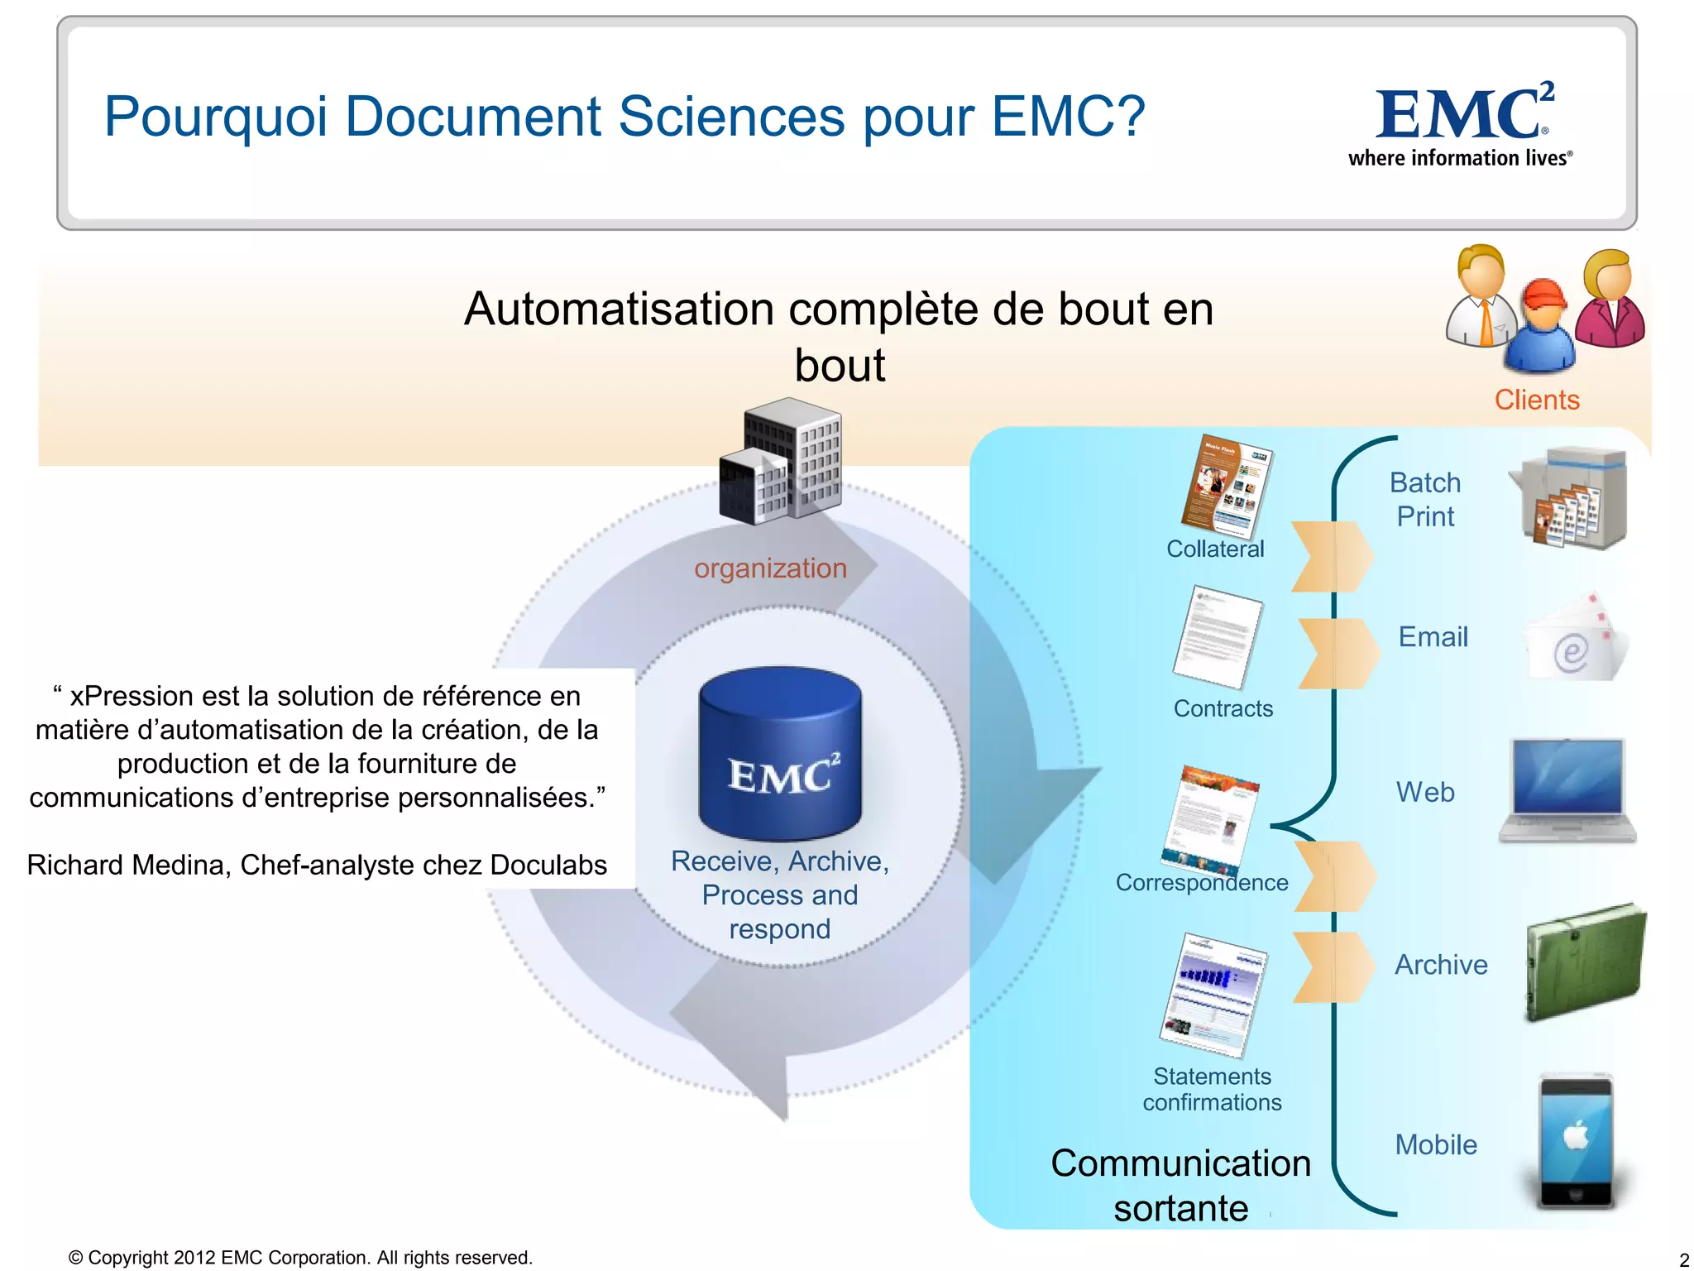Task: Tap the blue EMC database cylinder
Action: [780, 753]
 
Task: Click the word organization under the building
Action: [770, 568]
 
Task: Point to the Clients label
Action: [1536, 400]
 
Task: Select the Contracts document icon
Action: [1218, 637]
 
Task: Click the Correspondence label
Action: [1201, 882]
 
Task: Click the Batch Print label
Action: [1424, 499]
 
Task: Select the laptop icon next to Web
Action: [1567, 791]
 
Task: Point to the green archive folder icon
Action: [1584, 962]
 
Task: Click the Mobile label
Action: [1435, 1144]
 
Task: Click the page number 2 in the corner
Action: [1683, 1260]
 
